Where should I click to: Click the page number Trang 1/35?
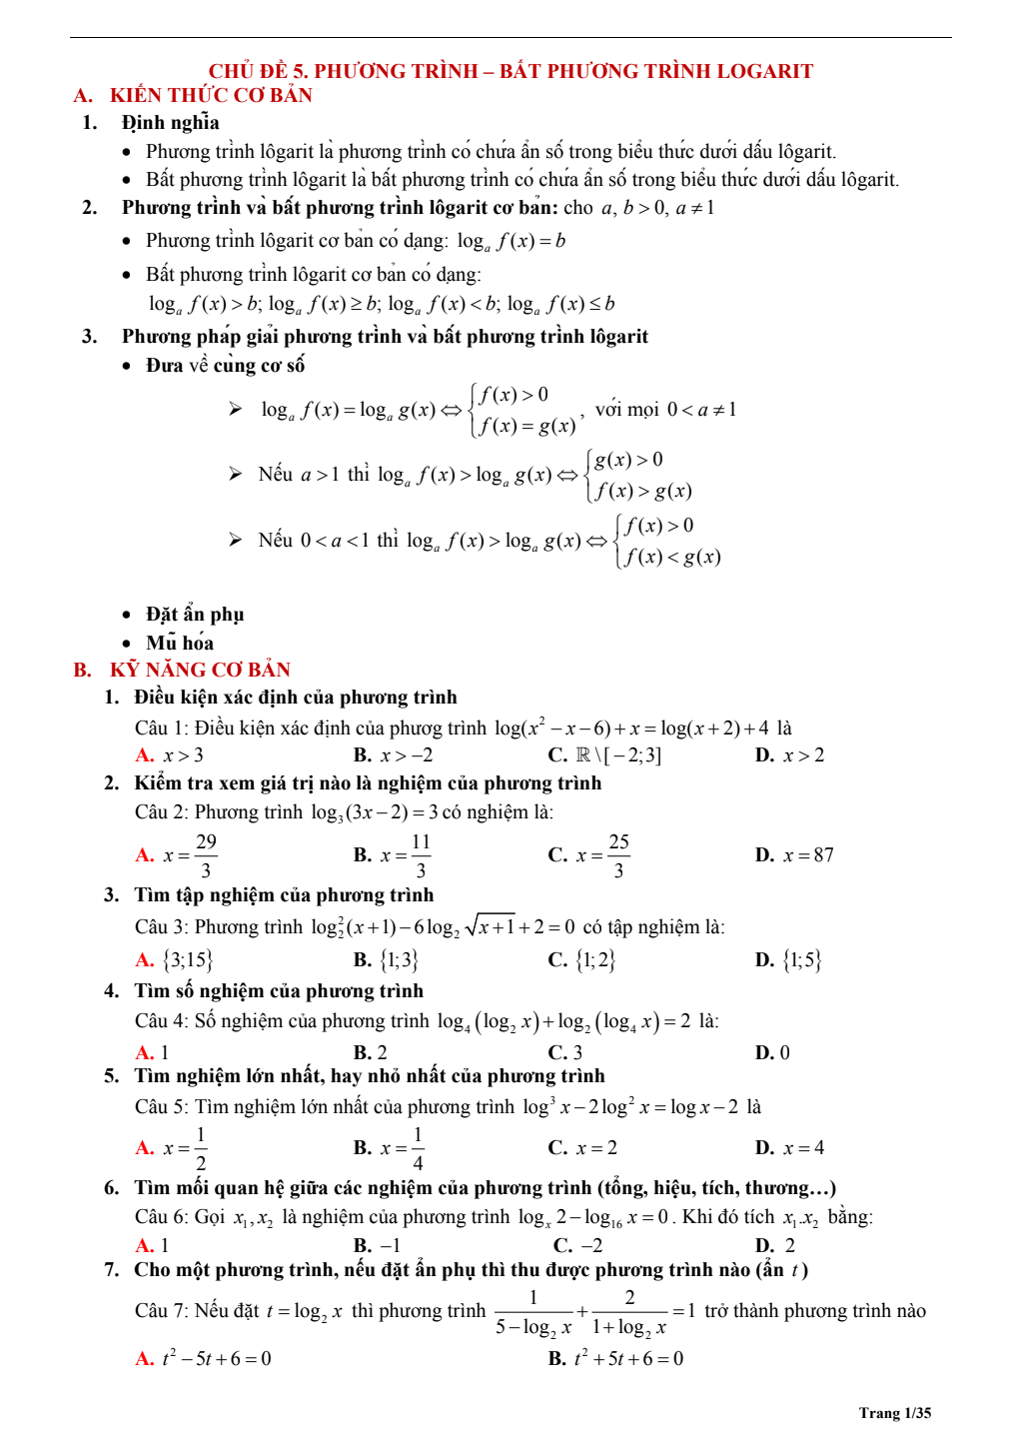(894, 1412)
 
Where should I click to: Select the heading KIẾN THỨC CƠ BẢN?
(211, 96)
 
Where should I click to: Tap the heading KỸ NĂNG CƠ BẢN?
(200, 670)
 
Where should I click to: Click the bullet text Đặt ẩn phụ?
(195, 615)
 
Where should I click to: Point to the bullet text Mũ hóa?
(180, 643)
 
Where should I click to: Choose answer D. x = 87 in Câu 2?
(795, 855)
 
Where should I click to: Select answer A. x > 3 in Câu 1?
(170, 755)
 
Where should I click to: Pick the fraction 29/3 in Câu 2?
(206, 855)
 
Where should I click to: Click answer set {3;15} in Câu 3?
(188, 960)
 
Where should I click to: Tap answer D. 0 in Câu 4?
(772, 1052)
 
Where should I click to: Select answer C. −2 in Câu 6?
(578, 1245)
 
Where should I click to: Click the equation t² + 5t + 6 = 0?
(616, 1358)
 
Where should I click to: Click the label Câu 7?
(162, 1311)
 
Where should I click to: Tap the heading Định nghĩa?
(171, 123)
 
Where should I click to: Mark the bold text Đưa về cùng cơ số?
(225, 366)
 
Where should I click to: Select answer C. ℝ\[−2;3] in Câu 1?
(604, 755)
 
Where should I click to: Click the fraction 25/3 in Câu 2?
(618, 855)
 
